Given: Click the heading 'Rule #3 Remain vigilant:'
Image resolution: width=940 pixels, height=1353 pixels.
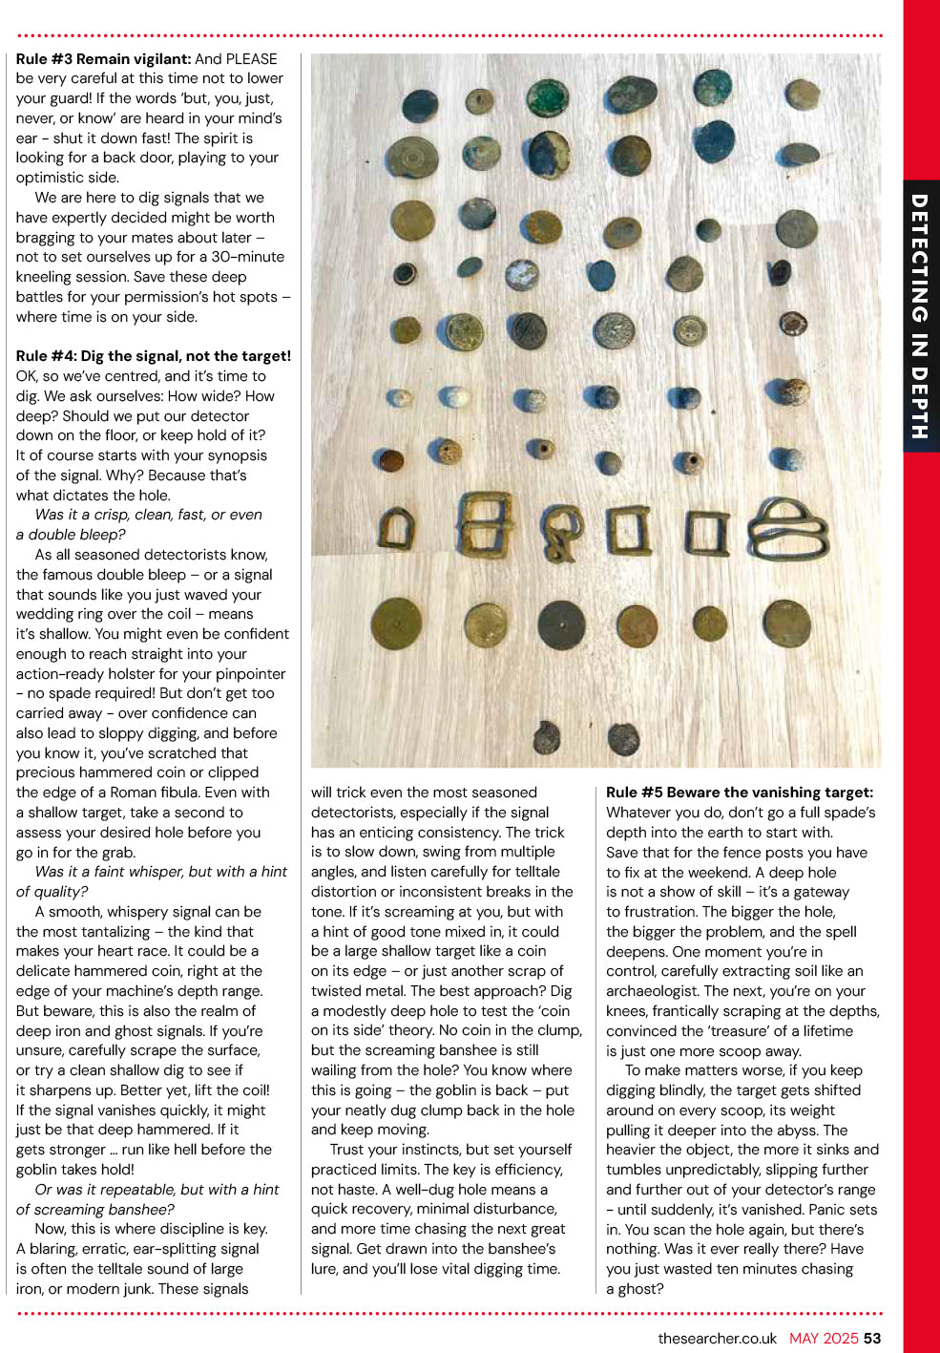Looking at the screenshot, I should coord(104,59).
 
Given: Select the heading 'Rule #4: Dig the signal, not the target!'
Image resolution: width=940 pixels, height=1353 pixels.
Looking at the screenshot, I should coord(153,356).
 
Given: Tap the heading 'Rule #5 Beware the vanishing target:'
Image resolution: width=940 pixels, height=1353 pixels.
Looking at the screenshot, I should coord(740,793).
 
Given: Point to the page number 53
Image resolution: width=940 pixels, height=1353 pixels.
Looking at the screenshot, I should coord(872,1339).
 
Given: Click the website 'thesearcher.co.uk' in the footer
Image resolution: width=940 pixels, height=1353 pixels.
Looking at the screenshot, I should coord(717,1339).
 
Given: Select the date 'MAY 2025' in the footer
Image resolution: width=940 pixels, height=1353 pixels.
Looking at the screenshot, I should coord(824,1339).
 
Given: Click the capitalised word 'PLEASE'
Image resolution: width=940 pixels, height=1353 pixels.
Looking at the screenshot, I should coord(251,59).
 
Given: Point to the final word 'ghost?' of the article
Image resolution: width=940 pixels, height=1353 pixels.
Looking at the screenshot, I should coord(640,1289).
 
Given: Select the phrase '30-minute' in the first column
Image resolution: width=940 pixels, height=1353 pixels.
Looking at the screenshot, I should coord(248,257).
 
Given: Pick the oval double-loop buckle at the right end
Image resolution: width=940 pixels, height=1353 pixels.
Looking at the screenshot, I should coord(787,528).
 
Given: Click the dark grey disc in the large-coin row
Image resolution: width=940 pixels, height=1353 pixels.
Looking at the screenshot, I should coord(560,624).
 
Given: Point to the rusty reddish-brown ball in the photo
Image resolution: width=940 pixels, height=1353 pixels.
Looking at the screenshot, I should coord(390,461).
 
